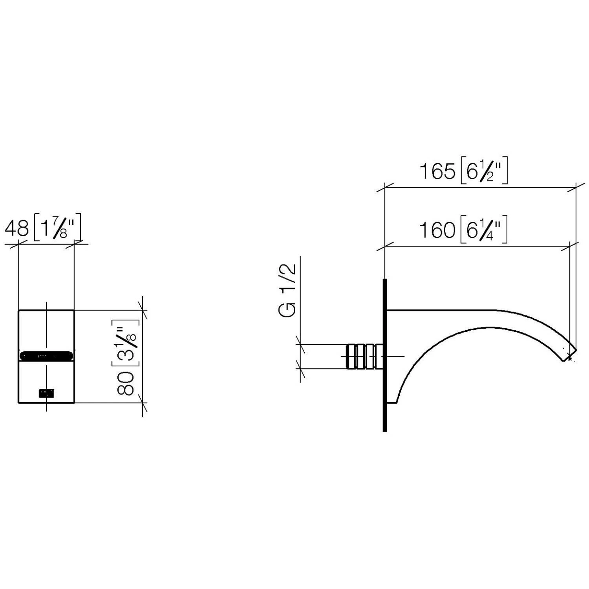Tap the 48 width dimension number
point(17,228)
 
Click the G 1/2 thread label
point(287,290)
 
